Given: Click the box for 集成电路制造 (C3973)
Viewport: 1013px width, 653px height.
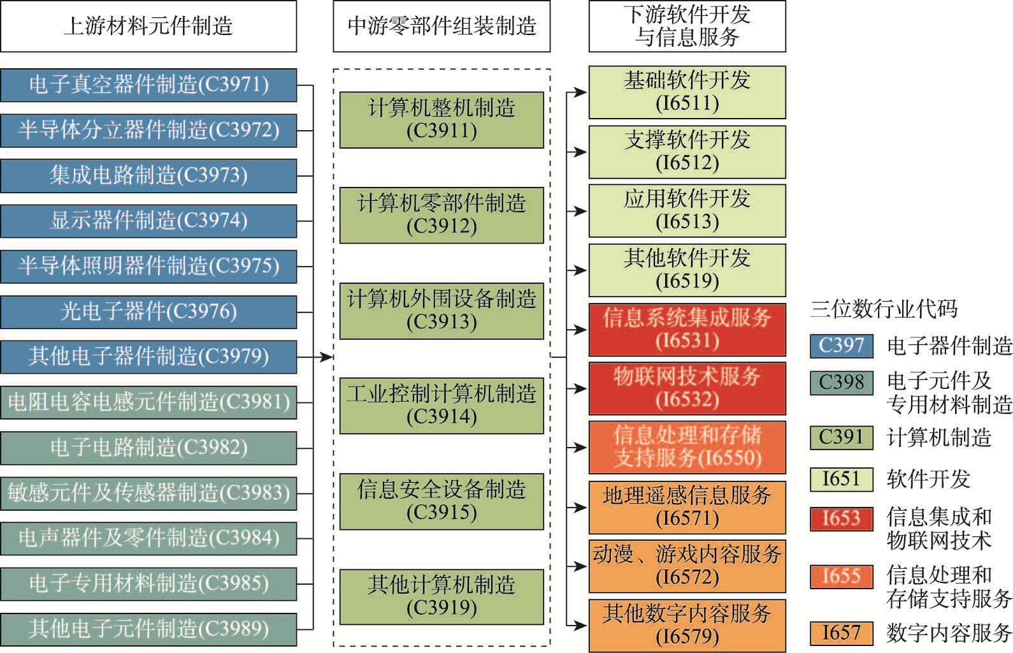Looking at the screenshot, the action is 148,175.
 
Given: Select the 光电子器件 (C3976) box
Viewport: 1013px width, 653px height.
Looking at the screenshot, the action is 148,312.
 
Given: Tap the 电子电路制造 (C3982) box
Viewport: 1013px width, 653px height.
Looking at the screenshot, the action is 148,448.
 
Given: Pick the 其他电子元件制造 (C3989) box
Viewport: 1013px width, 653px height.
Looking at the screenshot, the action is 148,629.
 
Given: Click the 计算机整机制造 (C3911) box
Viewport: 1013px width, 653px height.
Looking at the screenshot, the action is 442,120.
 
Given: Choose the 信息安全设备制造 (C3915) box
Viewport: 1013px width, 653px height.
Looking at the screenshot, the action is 442,501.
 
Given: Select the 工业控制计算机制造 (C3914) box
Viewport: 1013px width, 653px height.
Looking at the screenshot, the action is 442,406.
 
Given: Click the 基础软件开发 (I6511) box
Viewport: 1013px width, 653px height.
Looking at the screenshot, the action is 687,92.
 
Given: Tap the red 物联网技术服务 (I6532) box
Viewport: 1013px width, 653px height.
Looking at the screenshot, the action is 687,388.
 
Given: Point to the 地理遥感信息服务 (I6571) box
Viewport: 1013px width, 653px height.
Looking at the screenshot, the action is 687,507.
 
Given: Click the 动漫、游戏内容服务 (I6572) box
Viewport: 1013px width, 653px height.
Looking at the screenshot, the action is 687,566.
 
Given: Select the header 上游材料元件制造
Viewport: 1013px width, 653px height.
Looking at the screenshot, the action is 148,26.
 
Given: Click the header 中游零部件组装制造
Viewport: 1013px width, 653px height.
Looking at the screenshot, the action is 442,26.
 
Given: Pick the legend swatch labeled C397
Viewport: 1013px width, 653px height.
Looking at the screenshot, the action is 841,346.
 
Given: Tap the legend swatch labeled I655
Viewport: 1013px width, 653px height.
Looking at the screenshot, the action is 841,576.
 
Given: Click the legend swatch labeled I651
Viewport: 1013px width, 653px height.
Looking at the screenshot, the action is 841,480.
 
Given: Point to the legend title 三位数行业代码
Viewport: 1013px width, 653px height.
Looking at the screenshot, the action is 884,309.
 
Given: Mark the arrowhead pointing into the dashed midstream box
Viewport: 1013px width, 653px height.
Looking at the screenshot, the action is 326,357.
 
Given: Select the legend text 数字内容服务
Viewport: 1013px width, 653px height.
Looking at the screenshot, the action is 948,633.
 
